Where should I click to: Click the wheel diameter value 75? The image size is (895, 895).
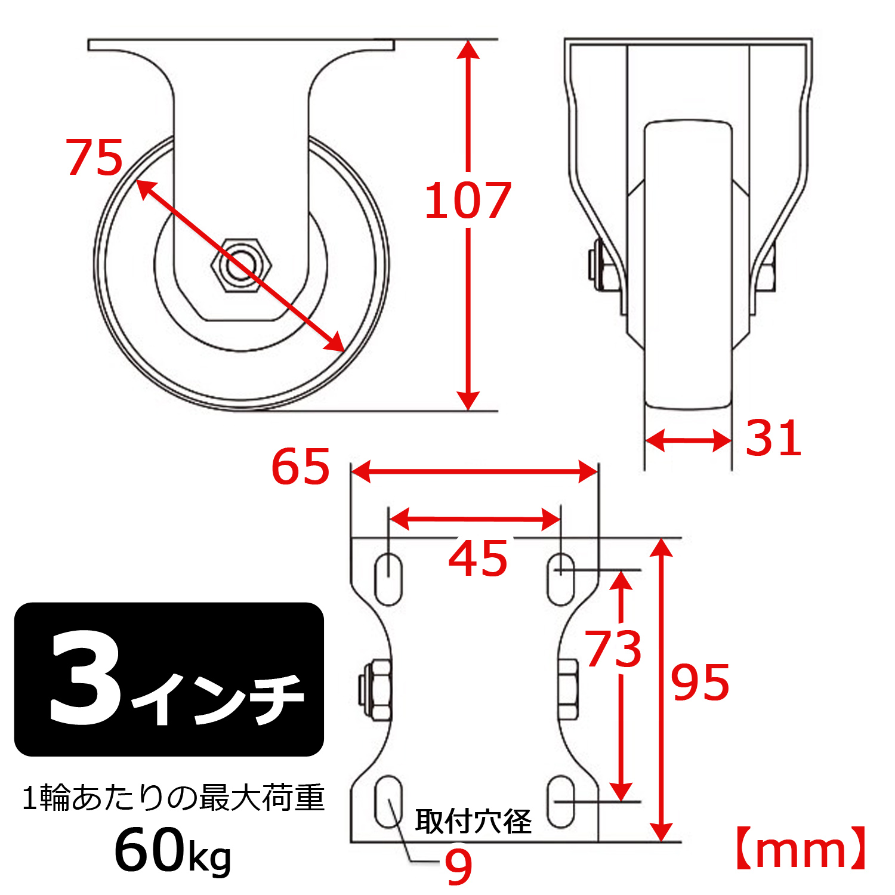(x=94, y=158)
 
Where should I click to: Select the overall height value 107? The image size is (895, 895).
(x=467, y=201)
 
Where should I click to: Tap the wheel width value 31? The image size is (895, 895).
(x=773, y=439)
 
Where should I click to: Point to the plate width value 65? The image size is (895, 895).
(x=300, y=467)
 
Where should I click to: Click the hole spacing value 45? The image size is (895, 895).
(x=477, y=559)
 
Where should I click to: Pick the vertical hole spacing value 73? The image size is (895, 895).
(x=613, y=649)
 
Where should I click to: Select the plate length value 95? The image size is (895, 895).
(x=700, y=683)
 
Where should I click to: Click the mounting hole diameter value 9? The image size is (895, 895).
(x=458, y=866)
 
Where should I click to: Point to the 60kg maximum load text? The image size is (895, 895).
(x=172, y=851)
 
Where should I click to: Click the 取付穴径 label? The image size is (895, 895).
(x=473, y=822)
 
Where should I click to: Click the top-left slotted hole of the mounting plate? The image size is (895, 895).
(x=388, y=579)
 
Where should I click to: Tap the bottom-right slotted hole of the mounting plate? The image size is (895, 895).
(x=561, y=801)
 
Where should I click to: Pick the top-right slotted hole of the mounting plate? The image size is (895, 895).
(x=561, y=579)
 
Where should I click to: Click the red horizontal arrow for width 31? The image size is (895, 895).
(x=688, y=441)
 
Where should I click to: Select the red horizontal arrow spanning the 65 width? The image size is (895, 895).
(x=474, y=471)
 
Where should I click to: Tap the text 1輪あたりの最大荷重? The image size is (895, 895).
(x=173, y=798)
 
